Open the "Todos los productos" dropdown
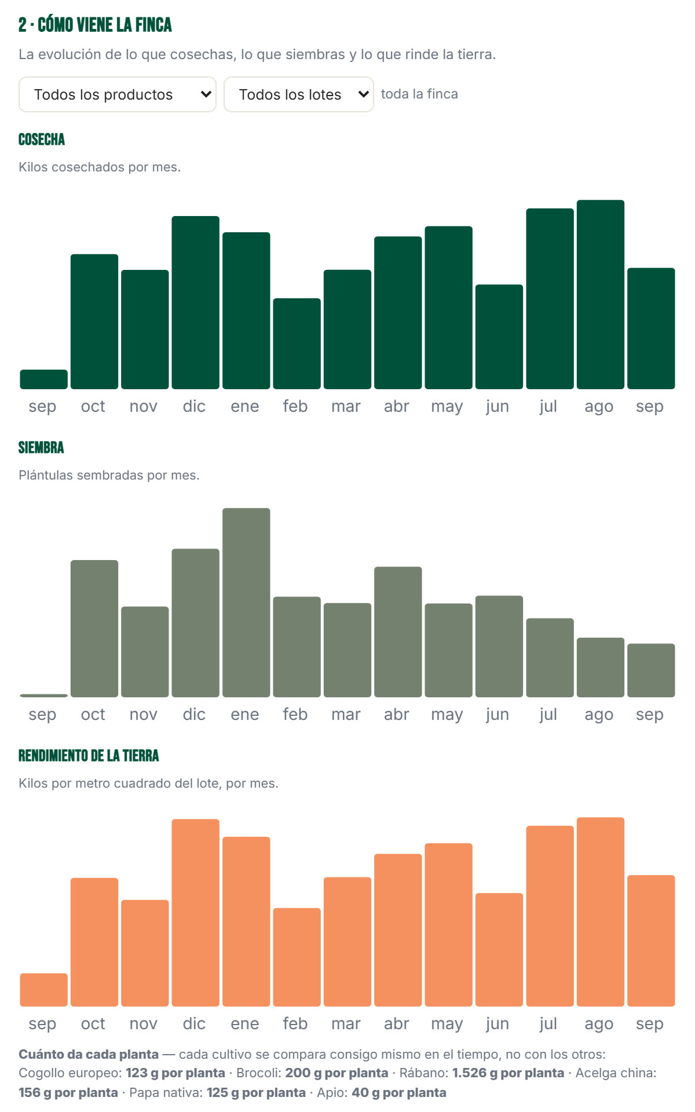click(118, 94)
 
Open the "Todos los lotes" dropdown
click(299, 94)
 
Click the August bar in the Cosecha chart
click(601, 294)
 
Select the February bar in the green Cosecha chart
click(297, 343)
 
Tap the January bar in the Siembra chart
click(246, 602)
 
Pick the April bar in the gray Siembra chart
click(398, 632)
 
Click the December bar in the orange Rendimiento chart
click(196, 912)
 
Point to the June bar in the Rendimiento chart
click(499, 949)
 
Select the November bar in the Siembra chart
click(145, 652)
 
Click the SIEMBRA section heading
click(41, 448)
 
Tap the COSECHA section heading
click(42, 140)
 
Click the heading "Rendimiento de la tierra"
click(89, 756)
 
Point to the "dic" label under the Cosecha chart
click(194, 407)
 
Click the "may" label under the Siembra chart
click(447, 715)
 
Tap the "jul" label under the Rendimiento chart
click(548, 1023)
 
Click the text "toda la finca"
click(419, 94)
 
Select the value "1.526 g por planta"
click(508, 1073)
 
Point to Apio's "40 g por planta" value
click(399, 1092)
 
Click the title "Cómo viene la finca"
click(105, 25)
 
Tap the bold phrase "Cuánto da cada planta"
click(89, 1054)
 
